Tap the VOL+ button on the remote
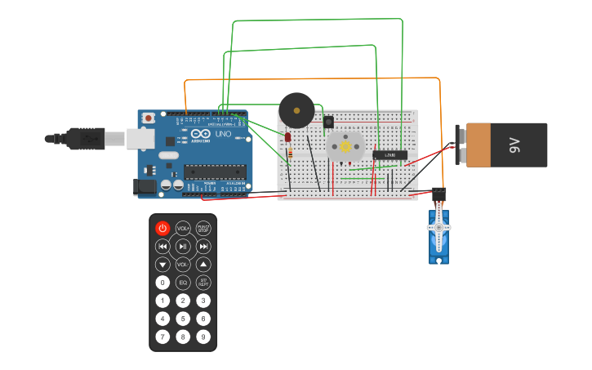pos(183,228)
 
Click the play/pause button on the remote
pos(183,246)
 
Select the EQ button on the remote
pos(183,283)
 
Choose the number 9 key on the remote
pos(203,336)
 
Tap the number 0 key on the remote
pos(162,283)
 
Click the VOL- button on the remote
pos(183,265)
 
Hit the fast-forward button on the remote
pos(203,246)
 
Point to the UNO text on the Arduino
pos(223,135)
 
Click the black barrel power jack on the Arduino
pos(145,187)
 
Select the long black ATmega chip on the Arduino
pos(214,172)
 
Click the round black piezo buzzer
pos(296,109)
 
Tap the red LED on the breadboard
pos(287,136)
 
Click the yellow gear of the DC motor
pos(345,147)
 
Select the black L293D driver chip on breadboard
pos(389,154)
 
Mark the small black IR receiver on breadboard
pos(328,123)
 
